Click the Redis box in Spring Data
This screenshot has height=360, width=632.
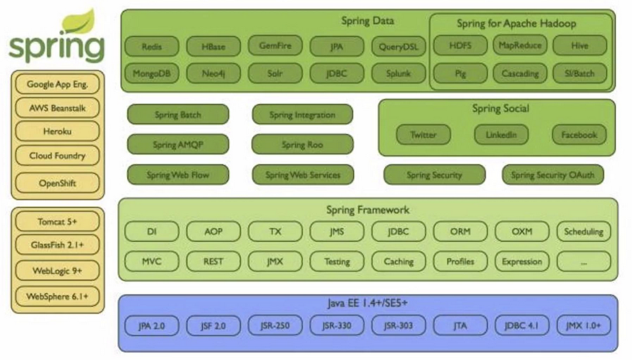152,46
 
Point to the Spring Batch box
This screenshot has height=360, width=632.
178,115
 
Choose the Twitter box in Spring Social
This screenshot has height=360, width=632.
423,134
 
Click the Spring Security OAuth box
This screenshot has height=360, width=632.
552,175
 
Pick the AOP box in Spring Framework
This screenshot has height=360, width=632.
213,231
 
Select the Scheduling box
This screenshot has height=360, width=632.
583,231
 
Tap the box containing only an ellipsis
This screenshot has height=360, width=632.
583,261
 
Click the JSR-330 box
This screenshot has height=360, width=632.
337,326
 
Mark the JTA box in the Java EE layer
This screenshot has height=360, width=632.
460,326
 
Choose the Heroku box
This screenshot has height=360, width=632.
57,131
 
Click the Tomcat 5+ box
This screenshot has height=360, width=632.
57,222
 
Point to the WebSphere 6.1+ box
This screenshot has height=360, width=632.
57,296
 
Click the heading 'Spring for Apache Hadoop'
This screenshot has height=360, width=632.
516,24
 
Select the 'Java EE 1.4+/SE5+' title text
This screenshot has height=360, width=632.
368,303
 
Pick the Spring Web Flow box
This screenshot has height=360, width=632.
178,175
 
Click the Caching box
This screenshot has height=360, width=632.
398,261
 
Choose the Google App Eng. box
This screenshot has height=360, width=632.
57,84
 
